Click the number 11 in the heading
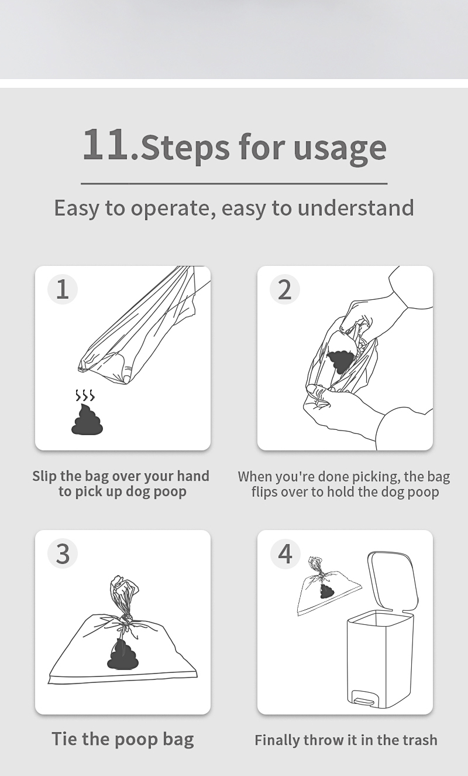click(x=105, y=144)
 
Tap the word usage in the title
click(x=340, y=149)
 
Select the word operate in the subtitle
click(x=173, y=208)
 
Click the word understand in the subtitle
click(x=356, y=207)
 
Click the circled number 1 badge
click(x=63, y=289)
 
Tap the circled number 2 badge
click(x=284, y=289)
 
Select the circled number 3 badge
click(x=63, y=553)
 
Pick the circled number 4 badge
click(x=284, y=553)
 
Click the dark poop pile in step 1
click(x=87, y=419)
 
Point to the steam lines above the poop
click(x=85, y=395)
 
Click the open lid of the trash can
click(x=393, y=582)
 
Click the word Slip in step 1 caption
click(x=44, y=476)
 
